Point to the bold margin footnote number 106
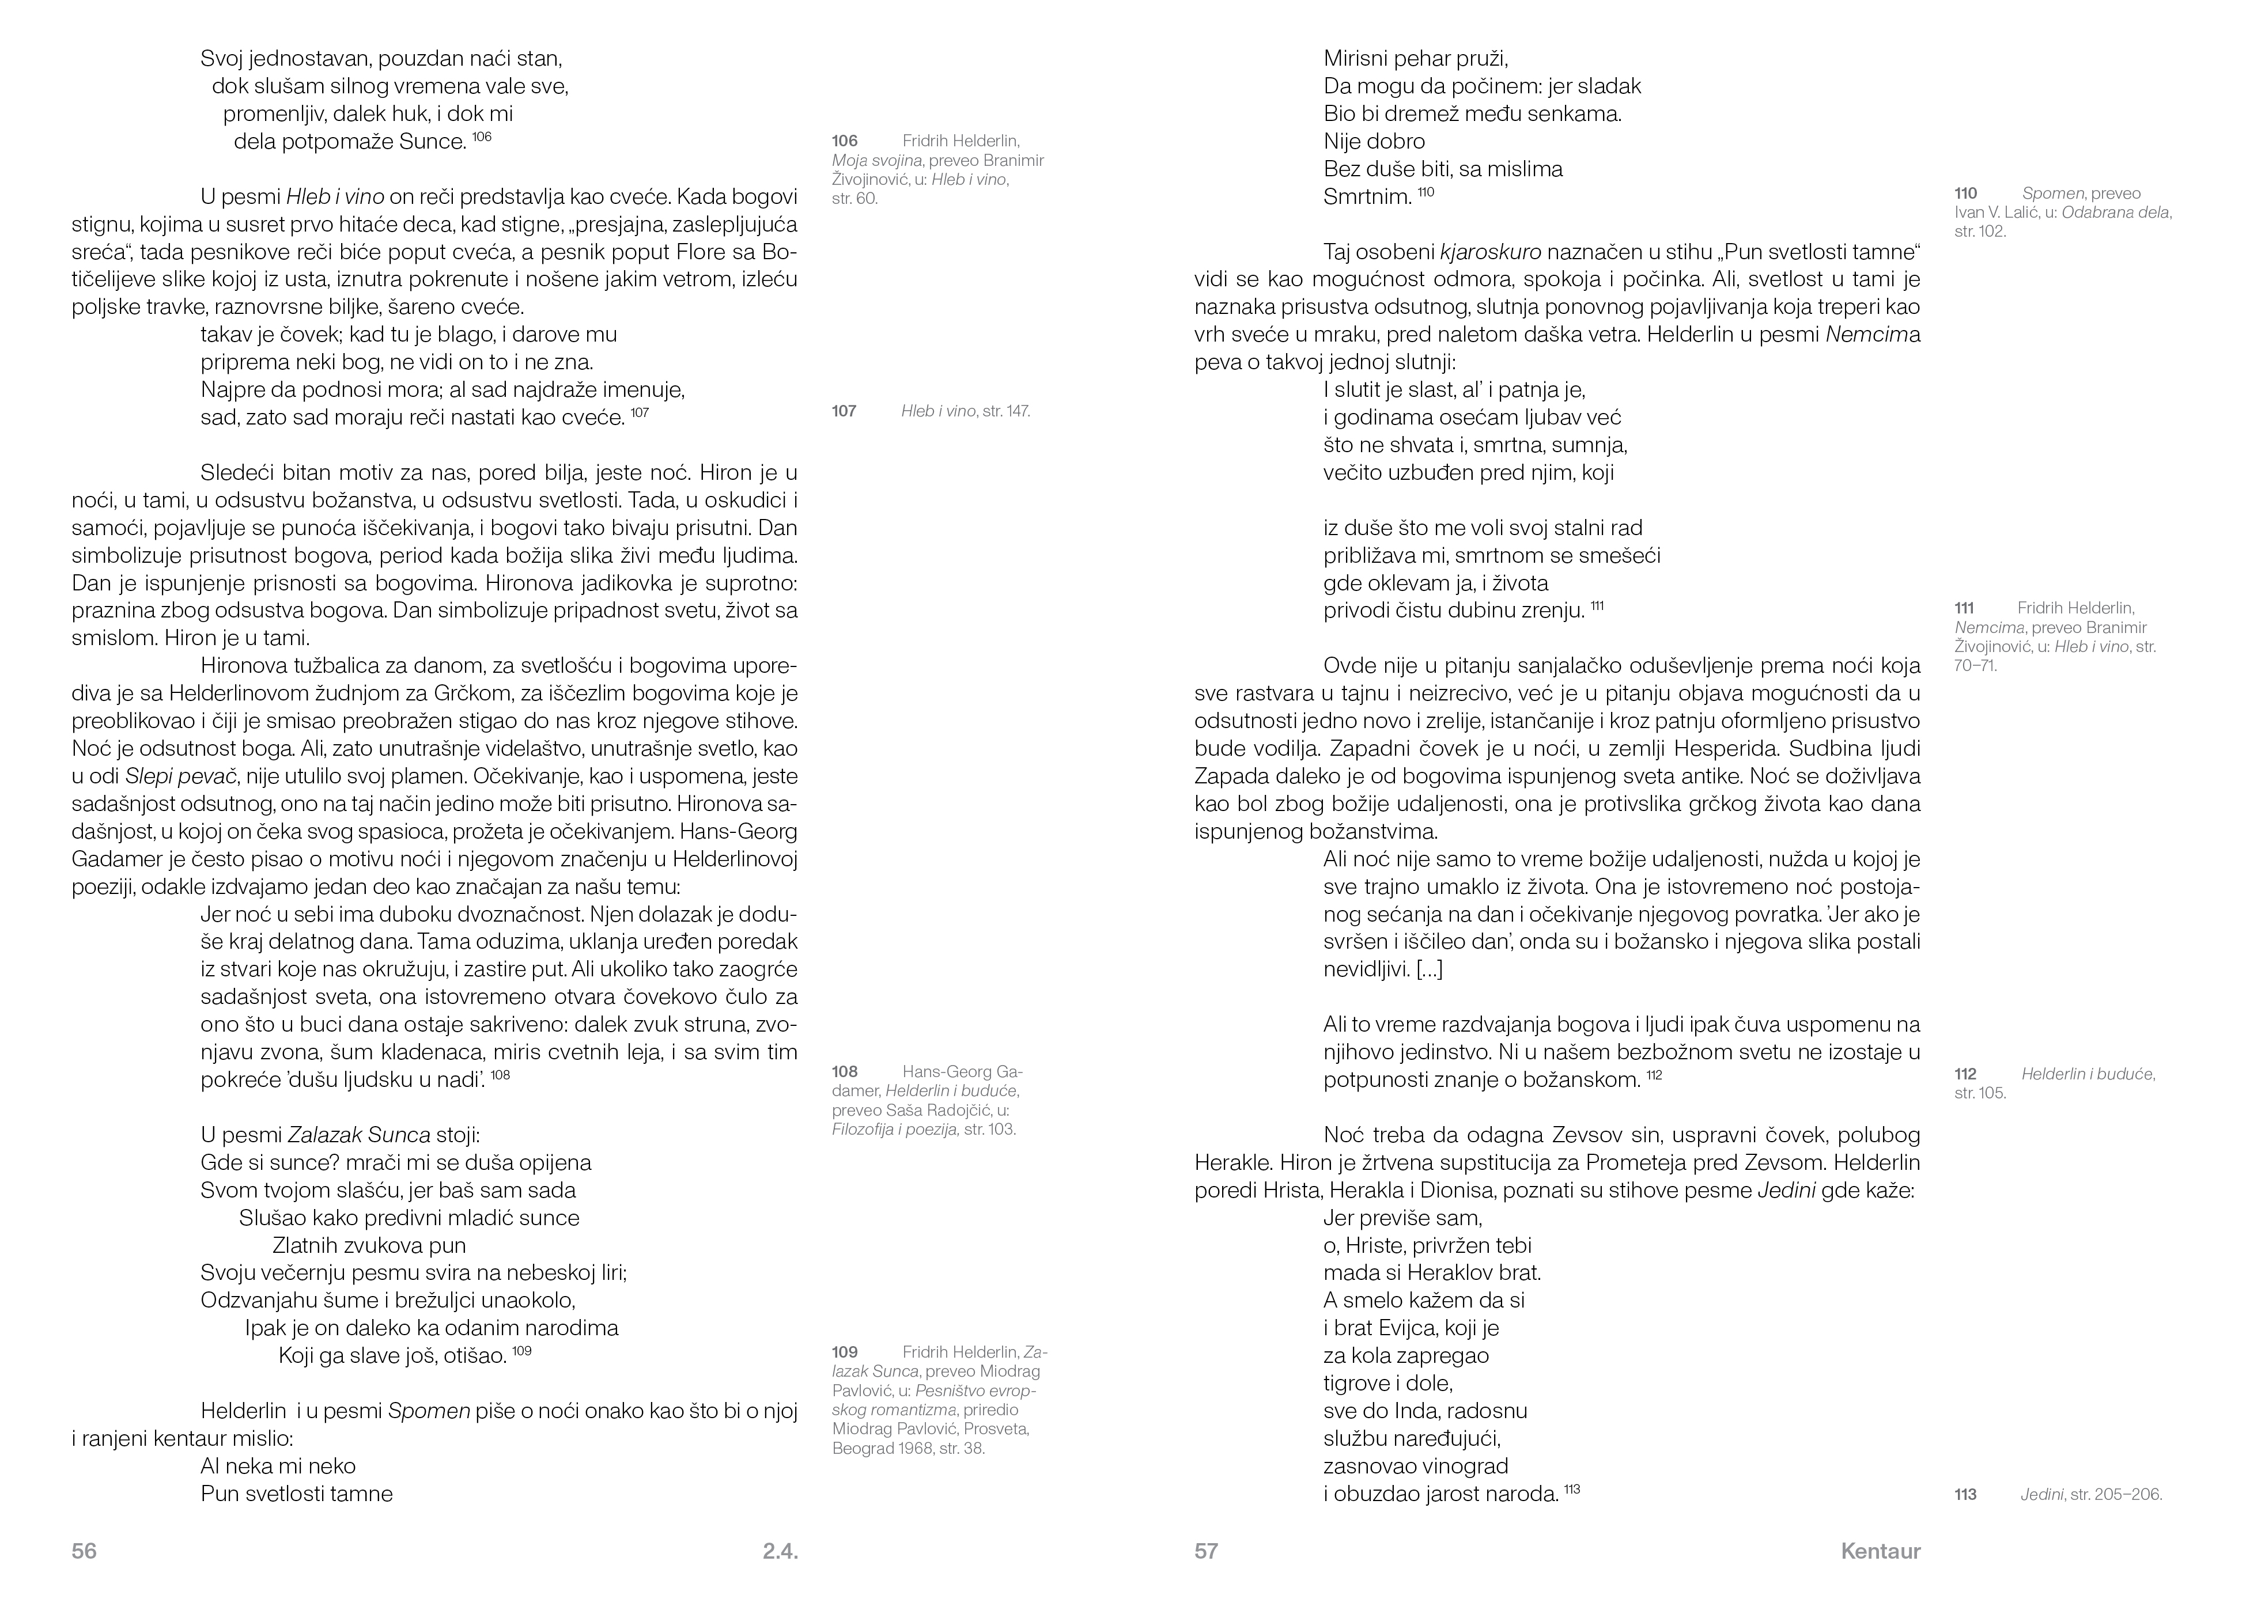[x=844, y=141]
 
